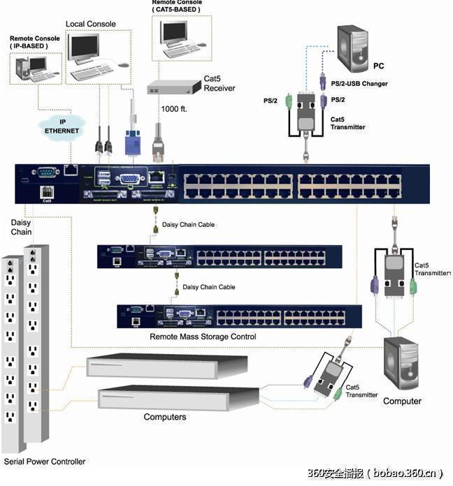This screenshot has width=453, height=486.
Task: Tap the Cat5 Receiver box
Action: tap(171, 87)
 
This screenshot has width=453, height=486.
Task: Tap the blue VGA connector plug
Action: tap(133, 143)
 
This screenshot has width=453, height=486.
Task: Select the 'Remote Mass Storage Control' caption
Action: tap(203, 337)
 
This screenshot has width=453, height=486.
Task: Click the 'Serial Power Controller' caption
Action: tap(45, 462)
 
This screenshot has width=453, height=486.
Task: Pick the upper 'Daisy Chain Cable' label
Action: tap(208, 225)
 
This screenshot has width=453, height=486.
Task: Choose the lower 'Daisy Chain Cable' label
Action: tap(208, 287)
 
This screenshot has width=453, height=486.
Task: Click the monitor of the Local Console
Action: tap(82, 47)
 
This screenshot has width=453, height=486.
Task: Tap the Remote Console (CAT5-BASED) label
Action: tap(175, 7)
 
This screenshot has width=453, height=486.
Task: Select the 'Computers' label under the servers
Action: tap(165, 417)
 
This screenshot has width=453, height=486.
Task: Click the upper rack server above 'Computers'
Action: tap(166, 367)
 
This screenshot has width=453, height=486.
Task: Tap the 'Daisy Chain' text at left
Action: tap(21, 227)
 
